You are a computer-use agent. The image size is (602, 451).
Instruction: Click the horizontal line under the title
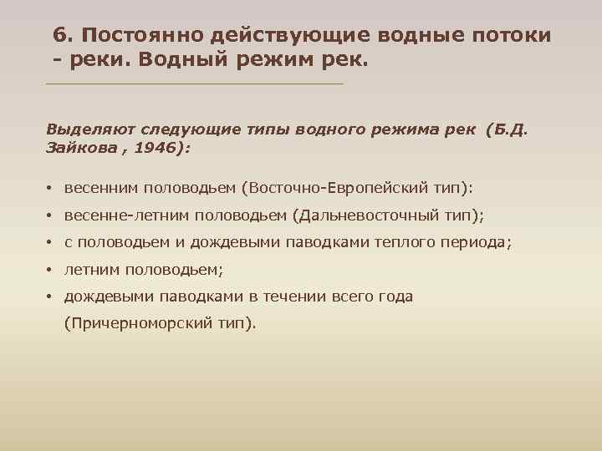195,84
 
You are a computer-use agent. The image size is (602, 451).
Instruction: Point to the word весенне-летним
127,215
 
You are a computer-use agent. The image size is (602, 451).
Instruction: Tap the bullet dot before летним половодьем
50,271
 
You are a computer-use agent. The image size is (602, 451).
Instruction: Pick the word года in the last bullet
393,296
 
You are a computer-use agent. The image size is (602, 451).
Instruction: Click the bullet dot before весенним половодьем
50,189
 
